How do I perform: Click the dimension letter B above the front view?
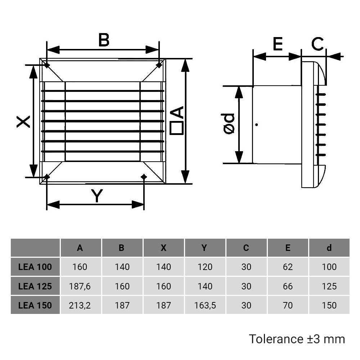[x=104, y=40]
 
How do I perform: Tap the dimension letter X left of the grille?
[x=24, y=121]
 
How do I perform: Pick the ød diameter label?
[x=229, y=125]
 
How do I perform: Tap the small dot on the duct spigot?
[x=256, y=125]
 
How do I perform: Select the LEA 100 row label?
[x=35, y=267]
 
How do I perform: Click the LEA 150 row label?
[x=35, y=305]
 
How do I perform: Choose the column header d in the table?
[x=329, y=248]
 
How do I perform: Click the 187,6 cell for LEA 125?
[x=80, y=286]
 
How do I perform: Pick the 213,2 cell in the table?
[x=80, y=305]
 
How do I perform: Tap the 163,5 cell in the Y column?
[x=204, y=305]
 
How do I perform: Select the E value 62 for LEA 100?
[x=288, y=267]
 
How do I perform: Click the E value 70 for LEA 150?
[x=288, y=305]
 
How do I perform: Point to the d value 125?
[x=329, y=286]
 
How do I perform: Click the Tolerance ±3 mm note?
[x=297, y=339]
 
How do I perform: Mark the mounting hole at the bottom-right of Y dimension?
[x=144, y=176]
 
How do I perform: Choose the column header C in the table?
[x=246, y=248]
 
